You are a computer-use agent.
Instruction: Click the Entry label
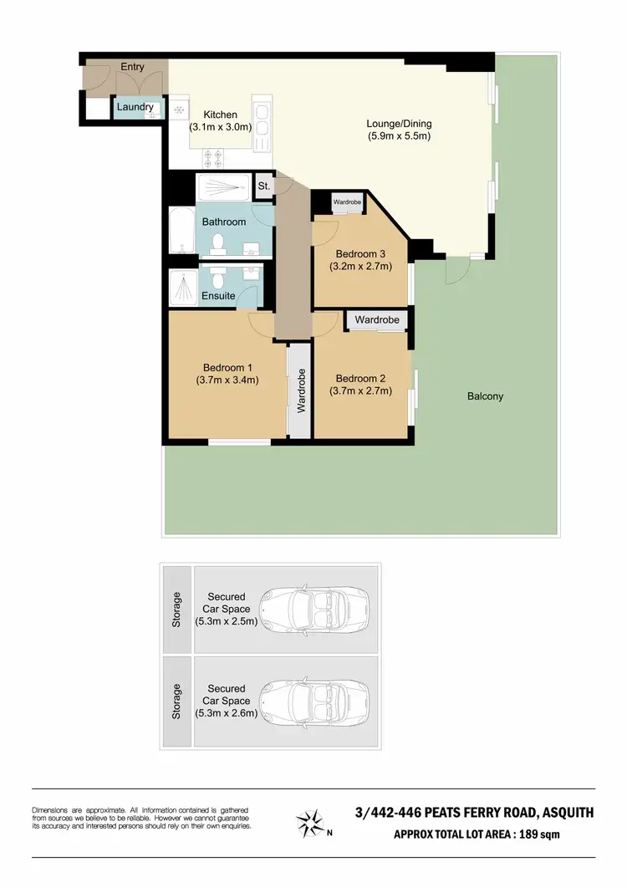point(132,67)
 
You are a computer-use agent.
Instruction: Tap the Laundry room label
point(135,107)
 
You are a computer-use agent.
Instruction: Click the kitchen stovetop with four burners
point(212,155)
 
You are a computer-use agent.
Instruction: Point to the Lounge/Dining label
point(399,124)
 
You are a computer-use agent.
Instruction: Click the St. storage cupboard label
point(263,186)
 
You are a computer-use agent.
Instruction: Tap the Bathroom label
point(224,222)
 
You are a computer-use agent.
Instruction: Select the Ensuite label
point(217,297)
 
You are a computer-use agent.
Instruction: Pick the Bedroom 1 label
point(227,367)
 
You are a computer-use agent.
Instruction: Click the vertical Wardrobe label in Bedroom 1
point(301,390)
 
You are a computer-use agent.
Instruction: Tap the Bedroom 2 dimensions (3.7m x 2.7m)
point(361,390)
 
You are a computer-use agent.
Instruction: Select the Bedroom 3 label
point(360,253)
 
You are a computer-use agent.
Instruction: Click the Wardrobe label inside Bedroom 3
point(347,202)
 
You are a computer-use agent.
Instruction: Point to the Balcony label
point(485,396)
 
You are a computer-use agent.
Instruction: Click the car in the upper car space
point(313,608)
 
